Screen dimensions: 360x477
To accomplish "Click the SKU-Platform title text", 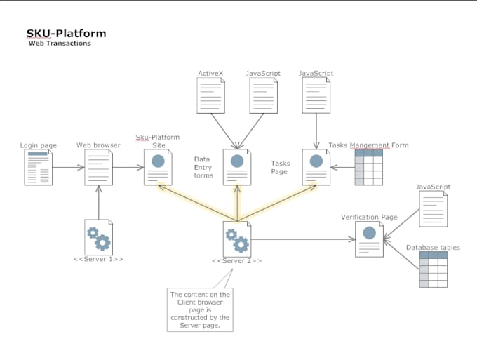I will pyautogui.click(x=66, y=33).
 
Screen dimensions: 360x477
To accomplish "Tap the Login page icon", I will pyautogui.click(x=39, y=167).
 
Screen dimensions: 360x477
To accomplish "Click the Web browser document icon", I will pyautogui.click(x=98, y=167).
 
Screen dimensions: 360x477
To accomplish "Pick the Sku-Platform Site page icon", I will pyautogui.click(x=158, y=167).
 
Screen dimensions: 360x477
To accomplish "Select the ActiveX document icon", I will pyautogui.click(x=211, y=95).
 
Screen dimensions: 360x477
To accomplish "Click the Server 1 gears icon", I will pyautogui.click(x=98, y=237).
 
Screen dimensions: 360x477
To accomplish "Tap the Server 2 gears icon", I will pyautogui.click(x=236, y=239).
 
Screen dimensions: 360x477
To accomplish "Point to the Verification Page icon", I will pyautogui.click(x=369, y=239).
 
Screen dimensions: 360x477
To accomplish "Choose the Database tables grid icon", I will pyautogui.click(x=434, y=269).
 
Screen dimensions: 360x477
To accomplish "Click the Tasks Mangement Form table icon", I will pyautogui.click(x=368, y=167).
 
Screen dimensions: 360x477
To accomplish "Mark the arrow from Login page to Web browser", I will pyautogui.click(x=68, y=168).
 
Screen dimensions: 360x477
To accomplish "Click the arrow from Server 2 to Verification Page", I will pyautogui.click(x=302, y=239).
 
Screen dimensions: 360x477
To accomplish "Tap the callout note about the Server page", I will pyautogui.click(x=200, y=309).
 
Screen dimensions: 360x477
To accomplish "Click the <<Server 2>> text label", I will pyautogui.click(x=236, y=261).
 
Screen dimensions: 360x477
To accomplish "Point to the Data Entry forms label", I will pyautogui.click(x=203, y=167).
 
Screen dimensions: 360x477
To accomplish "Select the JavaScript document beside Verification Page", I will pyautogui.click(x=433, y=209).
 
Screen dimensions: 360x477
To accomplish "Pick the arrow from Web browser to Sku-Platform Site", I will pyautogui.click(x=128, y=168).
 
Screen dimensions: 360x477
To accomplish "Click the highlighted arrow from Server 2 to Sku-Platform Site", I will pyautogui.click(x=196, y=203).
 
